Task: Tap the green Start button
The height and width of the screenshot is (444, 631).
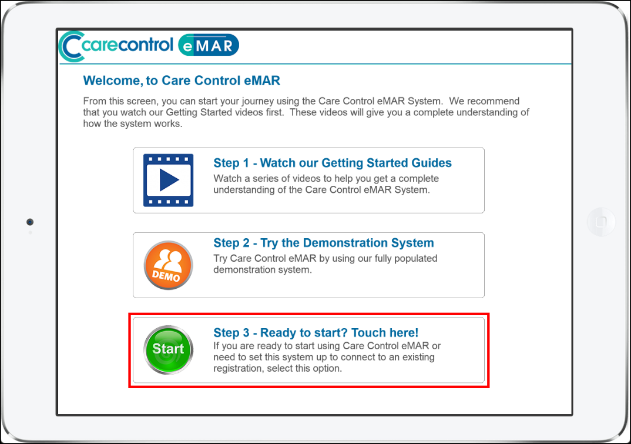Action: point(168,350)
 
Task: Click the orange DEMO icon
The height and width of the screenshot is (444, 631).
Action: point(168,265)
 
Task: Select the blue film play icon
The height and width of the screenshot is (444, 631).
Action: point(168,180)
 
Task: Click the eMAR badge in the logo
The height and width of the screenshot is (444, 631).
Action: point(209,45)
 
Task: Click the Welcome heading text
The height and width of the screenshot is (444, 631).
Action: point(182,81)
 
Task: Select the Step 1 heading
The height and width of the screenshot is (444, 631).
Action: point(333,163)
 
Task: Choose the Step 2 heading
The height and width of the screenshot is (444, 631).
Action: point(324,243)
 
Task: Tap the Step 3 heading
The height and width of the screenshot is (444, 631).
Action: point(316,333)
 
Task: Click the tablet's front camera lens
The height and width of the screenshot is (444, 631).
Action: point(30,222)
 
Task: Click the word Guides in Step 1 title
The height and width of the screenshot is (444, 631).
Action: point(431,163)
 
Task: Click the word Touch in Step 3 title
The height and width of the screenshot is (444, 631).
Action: point(368,333)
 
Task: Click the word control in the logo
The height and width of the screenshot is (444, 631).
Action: point(146,45)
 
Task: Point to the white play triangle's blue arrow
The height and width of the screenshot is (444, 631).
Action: point(169,180)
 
